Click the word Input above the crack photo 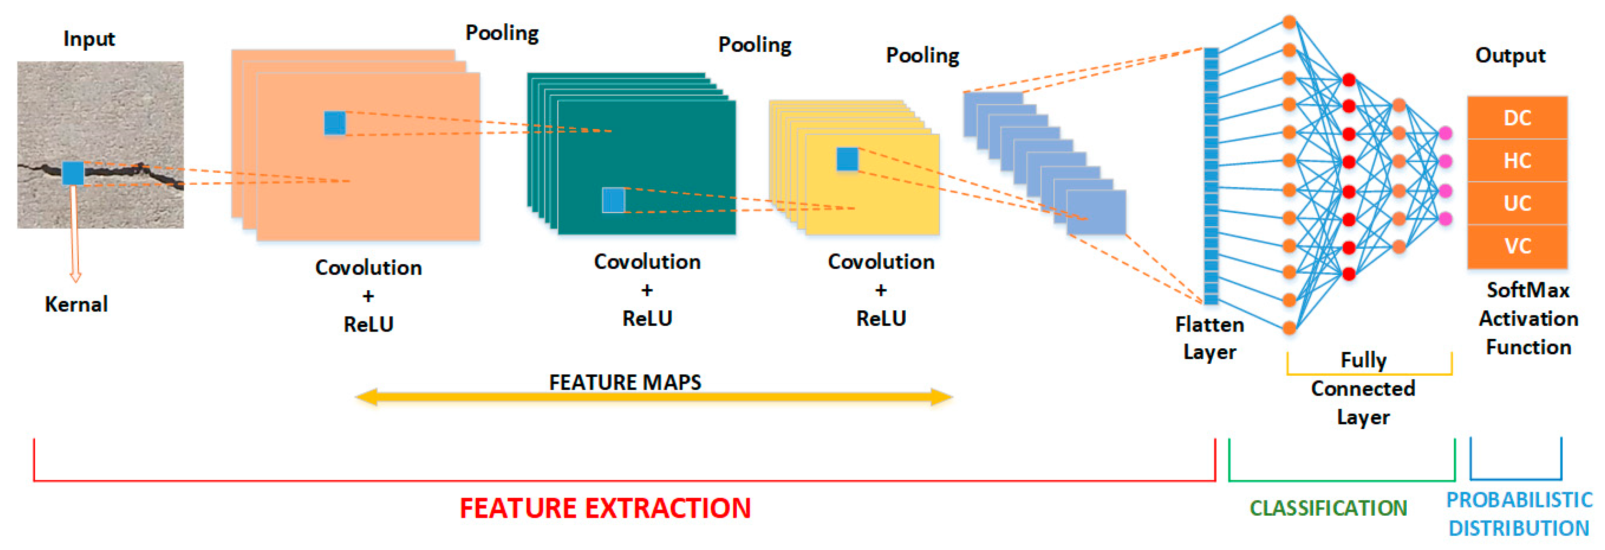click(89, 39)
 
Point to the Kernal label click(76, 304)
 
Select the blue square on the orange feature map click(335, 123)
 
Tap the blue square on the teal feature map click(613, 200)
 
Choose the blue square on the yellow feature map click(847, 159)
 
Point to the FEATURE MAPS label click(625, 382)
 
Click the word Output click(1510, 56)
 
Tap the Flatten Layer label click(1209, 338)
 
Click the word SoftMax click(1528, 290)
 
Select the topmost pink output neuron click(1445, 133)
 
